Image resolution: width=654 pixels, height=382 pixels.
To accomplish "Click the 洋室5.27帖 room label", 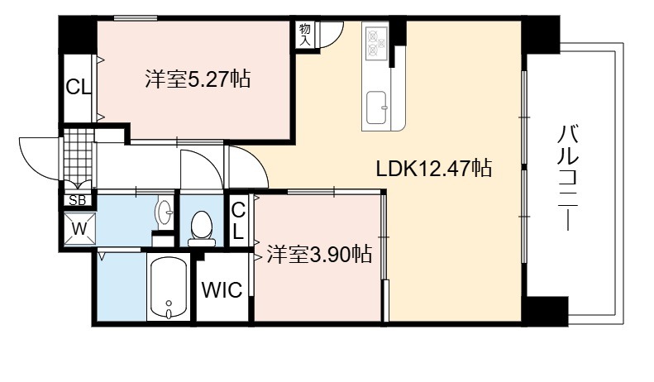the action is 198,79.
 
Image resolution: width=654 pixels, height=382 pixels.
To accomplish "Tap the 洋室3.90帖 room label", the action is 319,254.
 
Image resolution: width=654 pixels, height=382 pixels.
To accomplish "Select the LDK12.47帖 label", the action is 434,169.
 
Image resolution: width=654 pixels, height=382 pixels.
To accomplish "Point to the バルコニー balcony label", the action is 568,177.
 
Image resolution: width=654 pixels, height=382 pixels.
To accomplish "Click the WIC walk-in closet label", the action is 222,290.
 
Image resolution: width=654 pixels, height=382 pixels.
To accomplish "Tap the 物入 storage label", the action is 305,35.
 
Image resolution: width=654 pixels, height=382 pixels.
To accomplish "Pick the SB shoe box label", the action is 77,201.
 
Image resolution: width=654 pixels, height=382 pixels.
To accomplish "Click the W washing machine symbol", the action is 79,228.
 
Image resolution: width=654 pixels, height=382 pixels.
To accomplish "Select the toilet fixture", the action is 202,229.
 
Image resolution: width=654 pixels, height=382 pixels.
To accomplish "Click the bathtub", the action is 169,288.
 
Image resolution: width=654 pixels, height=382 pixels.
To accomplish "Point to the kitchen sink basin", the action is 377,107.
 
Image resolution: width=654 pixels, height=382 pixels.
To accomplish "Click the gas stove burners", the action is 376,42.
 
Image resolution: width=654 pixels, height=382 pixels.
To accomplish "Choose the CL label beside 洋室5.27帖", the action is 78,88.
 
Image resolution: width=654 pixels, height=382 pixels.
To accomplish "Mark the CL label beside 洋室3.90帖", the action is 238,222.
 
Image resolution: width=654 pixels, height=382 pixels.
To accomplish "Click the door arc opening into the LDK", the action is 255,160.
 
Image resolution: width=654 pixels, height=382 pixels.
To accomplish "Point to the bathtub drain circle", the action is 169,303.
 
